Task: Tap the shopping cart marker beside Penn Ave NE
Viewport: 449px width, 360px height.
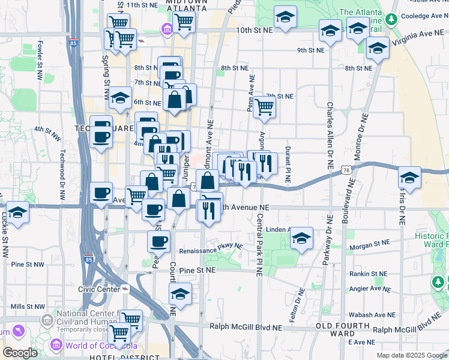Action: point(264,107)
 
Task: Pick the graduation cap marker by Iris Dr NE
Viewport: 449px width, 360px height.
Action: point(410,178)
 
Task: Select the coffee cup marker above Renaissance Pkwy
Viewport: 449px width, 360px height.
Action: point(159,241)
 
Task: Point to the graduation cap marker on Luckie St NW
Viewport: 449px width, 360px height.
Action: point(18,214)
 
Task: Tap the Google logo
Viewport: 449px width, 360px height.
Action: point(20,352)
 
